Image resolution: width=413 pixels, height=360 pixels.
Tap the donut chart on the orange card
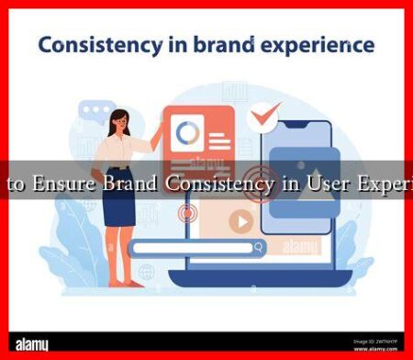[x=188, y=134]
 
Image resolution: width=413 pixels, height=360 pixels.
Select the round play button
[x=241, y=221]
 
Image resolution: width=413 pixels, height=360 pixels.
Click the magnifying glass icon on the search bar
[x=261, y=247]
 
